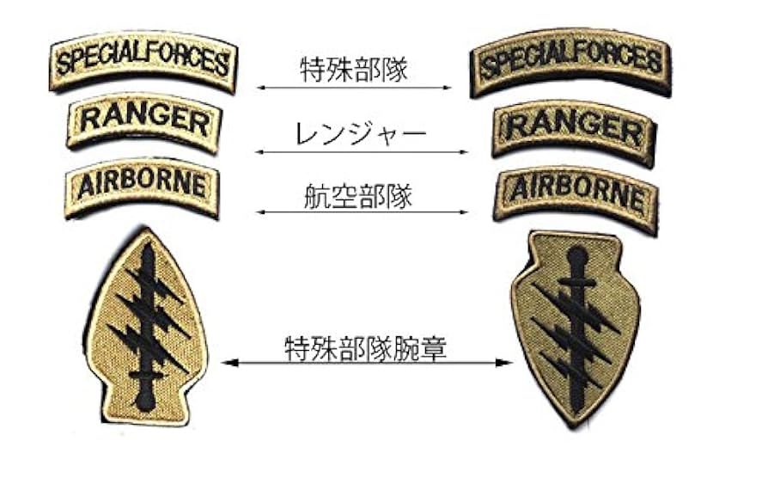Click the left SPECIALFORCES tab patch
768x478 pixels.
[x=143, y=63]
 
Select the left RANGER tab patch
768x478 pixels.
[x=143, y=122]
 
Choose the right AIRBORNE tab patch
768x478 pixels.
[x=574, y=193]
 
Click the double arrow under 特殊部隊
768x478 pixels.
[x=354, y=88]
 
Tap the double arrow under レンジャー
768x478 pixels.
[x=361, y=151]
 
